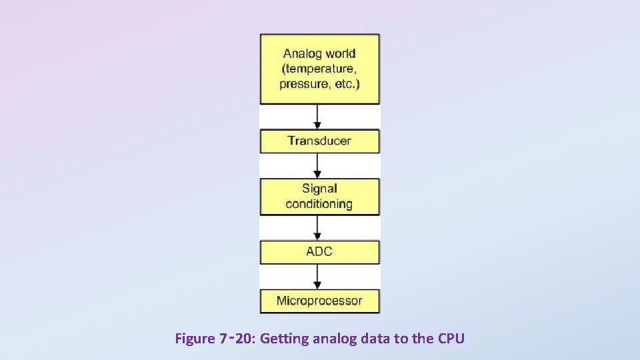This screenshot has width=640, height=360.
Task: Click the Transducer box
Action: click(319, 141)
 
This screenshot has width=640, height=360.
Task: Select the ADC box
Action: click(319, 252)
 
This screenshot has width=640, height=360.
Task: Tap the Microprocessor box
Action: click(319, 301)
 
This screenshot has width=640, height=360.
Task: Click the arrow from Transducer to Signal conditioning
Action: click(319, 165)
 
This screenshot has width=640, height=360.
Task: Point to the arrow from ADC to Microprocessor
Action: click(319, 276)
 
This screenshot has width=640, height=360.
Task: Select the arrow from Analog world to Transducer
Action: click(319, 116)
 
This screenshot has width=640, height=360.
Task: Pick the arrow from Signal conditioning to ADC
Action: click(319, 227)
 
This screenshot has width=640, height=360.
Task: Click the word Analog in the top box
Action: click(301, 54)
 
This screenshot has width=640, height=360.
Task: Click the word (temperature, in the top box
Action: click(319, 69)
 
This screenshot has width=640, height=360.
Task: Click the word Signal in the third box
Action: click(319, 189)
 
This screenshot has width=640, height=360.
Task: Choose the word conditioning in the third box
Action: click(319, 204)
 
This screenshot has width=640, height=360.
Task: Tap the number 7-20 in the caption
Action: click(236, 339)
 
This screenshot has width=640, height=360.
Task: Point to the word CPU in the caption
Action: click(451, 339)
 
